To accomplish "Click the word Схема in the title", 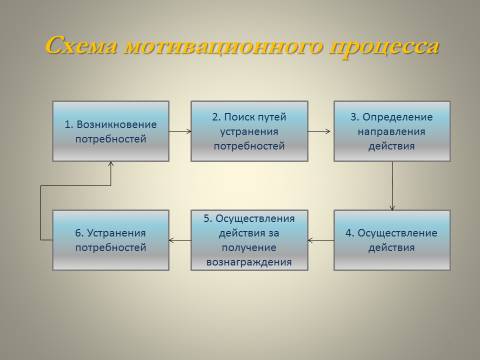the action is tap(81, 46).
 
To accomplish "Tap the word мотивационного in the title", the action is tap(223, 47).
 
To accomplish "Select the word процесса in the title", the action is tap(384, 47).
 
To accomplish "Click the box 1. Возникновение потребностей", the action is tap(111, 131).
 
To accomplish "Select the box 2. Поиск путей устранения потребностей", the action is tap(249, 131).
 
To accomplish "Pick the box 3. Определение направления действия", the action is tap(392, 131).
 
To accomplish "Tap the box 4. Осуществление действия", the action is tap(392, 240).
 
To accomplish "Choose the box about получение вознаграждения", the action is tap(249, 240).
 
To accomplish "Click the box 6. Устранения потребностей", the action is tap(111, 240).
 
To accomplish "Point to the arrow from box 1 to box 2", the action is tap(180, 131).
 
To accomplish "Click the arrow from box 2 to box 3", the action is tap(319, 131).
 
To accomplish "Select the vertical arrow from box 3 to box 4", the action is tap(392, 186).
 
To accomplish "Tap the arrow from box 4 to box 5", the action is tap(321, 240).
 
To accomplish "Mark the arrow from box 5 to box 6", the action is tap(180, 240).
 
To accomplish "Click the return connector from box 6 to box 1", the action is tap(41, 213).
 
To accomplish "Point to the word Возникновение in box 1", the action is tap(116, 124).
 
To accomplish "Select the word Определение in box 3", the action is tap(397, 117).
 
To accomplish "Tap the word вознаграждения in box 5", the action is tap(249, 262).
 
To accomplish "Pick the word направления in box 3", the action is tap(392, 132).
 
